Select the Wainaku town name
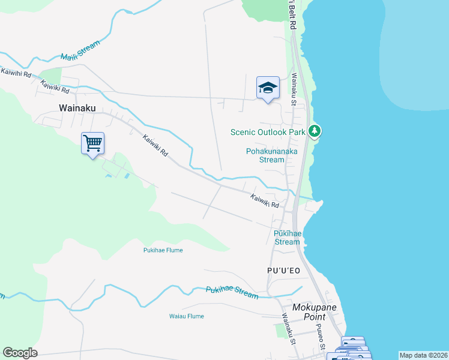pos(77,108)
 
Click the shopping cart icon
pos(92,144)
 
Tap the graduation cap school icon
pos(268,88)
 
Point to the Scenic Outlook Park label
pos(268,132)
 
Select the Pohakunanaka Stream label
pos(272,155)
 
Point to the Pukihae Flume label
pos(163,250)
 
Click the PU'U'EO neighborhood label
pos(283,271)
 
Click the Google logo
pos(20,353)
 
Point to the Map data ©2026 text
pos(423,355)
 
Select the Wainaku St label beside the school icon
pos(294,89)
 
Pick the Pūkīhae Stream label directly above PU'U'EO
pos(287,238)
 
